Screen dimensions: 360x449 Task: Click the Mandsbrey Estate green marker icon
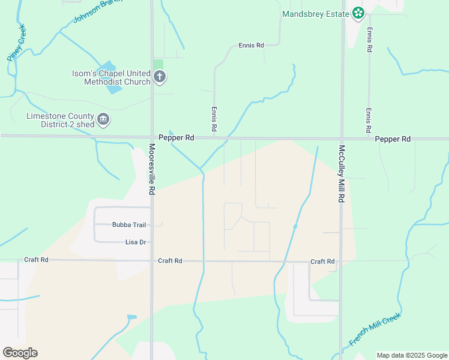358,13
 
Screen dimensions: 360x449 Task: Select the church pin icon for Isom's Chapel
160,76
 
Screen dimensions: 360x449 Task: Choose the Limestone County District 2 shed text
60,120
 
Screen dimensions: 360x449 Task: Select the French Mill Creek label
375,329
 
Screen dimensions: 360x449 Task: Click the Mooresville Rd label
152,169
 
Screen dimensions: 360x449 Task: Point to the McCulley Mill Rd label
341,173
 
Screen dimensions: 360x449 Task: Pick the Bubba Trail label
129,225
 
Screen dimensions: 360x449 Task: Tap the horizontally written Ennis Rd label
251,45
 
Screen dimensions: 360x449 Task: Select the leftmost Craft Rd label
36,260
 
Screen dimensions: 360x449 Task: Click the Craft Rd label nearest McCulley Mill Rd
322,262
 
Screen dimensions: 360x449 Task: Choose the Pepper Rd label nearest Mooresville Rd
176,138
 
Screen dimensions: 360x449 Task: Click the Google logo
20,353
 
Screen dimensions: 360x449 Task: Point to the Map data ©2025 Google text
412,355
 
